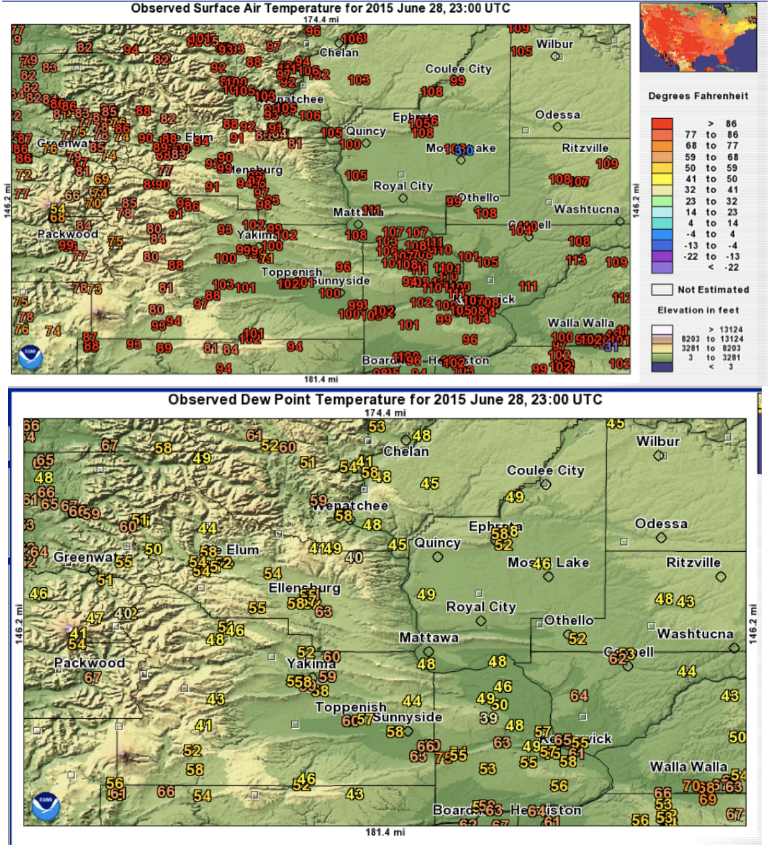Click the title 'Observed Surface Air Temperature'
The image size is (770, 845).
(320, 8)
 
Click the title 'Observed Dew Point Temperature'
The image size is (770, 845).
(385, 400)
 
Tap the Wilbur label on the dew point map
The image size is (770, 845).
(658, 442)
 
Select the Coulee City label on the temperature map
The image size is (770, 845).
(458, 69)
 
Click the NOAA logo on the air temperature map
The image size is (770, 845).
(30, 358)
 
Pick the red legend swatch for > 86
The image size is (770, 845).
(662, 124)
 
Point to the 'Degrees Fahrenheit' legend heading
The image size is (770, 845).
(698, 96)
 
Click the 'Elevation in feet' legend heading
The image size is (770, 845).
(698, 310)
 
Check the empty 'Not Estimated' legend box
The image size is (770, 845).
(662, 290)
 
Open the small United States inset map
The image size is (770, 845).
(698, 37)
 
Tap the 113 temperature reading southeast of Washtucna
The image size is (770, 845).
(576, 260)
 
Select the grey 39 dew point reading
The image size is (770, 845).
(488, 718)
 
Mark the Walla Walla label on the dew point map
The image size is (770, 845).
(688, 767)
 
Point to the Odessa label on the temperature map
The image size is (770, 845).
(558, 115)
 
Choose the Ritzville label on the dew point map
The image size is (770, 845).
(693, 563)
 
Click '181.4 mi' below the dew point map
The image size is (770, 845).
(385, 832)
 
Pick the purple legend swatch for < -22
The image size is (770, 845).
(662, 267)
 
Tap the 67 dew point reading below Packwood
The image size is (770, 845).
(93, 678)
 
